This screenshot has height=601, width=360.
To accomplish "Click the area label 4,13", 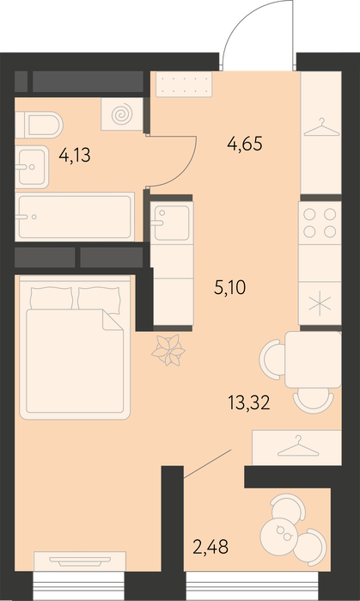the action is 75,156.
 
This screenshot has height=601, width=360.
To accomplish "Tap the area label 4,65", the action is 245,144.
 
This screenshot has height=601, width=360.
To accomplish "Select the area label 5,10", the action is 229,287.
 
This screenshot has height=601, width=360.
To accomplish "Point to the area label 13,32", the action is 249,403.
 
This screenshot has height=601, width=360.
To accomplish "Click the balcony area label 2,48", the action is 211,547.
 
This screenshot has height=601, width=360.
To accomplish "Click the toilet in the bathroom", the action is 39,125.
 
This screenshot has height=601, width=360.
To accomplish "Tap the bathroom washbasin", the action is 32,167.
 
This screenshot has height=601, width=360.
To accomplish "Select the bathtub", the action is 75,217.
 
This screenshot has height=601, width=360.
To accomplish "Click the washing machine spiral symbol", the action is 122,113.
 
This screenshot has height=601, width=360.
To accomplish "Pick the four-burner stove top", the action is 320,223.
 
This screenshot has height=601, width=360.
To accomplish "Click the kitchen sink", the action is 172,223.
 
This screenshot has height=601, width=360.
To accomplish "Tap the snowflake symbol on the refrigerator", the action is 320,304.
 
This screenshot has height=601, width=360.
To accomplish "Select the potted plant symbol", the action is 168,350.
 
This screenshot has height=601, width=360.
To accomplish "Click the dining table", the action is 313,359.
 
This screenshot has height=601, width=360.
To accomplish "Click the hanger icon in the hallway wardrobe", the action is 321,127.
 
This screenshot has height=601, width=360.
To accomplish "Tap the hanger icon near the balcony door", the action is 298,446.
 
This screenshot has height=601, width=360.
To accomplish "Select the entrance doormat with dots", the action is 184,84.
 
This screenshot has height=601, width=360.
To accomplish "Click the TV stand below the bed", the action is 80,561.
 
